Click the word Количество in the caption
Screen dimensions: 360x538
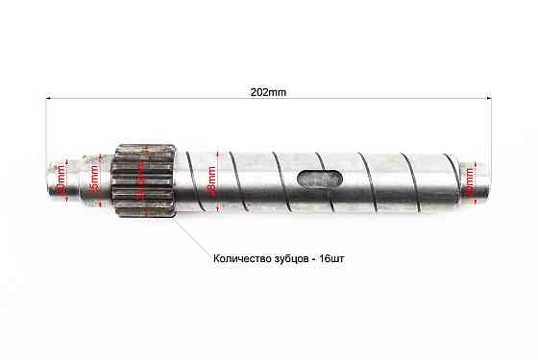pyautogui.click(x=244, y=259)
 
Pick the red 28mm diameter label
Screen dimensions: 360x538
pyautogui.click(x=210, y=180)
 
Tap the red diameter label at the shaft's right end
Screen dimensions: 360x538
pyautogui.click(x=469, y=179)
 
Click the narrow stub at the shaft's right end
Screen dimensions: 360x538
pyautogui.click(x=476, y=178)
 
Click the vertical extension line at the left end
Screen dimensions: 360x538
pyautogui.click(x=46, y=134)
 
